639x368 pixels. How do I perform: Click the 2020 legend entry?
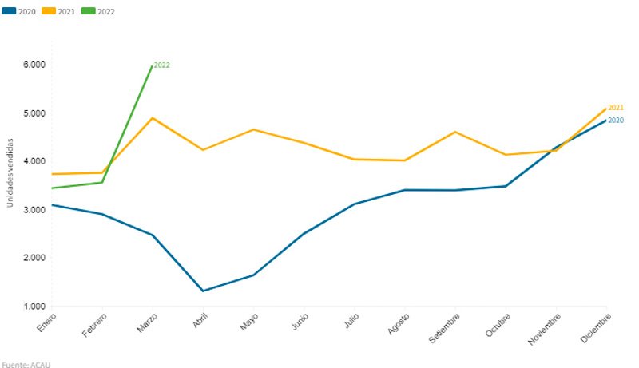20,12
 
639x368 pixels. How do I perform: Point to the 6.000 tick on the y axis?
34,65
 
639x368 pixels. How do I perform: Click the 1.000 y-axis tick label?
34,307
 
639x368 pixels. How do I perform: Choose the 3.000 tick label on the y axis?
34,210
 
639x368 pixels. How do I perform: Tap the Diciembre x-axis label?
596,328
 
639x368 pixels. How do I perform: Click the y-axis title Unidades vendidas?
10,172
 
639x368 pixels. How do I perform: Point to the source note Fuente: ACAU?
19,364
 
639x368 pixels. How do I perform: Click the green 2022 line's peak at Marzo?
152,65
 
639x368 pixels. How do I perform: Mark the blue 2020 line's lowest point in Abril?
203,291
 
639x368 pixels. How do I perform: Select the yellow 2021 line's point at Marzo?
152,118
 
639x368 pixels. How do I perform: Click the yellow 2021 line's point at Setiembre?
455,132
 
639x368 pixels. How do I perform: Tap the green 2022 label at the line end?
161,65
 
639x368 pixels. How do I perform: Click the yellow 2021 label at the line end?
616,108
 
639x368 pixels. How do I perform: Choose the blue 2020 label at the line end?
616,121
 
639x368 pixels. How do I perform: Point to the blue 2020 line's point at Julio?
354,204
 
